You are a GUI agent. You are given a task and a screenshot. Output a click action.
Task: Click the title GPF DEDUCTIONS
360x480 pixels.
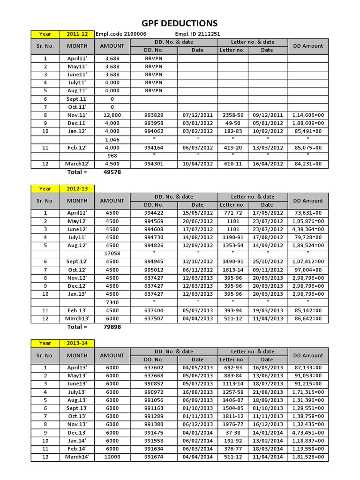coord(180,23)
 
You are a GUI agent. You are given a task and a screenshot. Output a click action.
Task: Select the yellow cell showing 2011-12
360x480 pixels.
coord(77,34)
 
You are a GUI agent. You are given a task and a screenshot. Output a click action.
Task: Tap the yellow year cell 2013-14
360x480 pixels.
coord(77,343)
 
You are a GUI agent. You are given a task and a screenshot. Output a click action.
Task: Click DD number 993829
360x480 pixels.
coord(154,115)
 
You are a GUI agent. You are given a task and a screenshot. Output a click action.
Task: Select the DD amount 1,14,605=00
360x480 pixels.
coord(308,115)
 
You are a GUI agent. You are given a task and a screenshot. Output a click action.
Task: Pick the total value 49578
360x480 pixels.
coord(112,172)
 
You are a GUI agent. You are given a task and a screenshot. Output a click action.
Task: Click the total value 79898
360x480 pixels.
coord(112,327)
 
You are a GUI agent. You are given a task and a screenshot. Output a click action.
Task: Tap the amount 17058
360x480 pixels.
coord(112,253)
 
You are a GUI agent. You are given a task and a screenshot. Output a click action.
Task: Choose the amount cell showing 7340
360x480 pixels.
coord(112,302)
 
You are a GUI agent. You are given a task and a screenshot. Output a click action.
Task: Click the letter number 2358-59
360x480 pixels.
coord(232,115)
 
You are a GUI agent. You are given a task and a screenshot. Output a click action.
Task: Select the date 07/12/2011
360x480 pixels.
coord(197,115)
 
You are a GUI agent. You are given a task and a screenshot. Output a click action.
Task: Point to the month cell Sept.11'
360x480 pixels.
coord(77,99)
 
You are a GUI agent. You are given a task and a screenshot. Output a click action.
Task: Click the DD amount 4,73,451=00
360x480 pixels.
coord(308,433)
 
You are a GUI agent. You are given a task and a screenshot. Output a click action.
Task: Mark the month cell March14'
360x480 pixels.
coord(77,457)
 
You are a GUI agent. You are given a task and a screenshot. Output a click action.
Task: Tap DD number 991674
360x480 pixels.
coord(154,457)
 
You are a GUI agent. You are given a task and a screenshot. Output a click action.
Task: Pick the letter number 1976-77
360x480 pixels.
coord(232,425)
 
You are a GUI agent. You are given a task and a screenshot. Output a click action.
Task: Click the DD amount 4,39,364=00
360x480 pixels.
coord(308,229)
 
